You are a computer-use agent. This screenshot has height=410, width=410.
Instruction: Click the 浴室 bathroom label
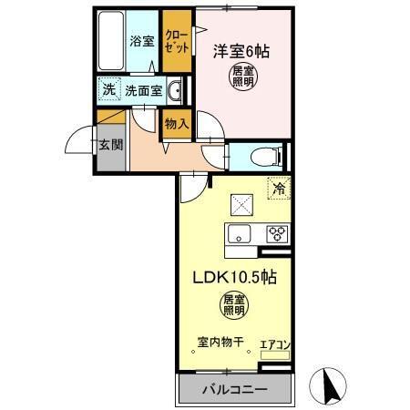click(x=140, y=41)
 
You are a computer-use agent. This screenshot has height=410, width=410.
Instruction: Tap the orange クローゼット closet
click(x=176, y=42)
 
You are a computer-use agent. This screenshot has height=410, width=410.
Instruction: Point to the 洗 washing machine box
click(x=108, y=90)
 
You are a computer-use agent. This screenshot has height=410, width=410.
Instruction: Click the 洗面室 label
click(x=143, y=91)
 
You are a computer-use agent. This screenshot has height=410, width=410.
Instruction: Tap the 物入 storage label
click(x=176, y=123)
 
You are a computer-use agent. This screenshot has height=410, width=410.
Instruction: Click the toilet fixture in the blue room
click(x=270, y=154)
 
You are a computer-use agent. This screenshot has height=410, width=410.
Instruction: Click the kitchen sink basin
click(x=239, y=234)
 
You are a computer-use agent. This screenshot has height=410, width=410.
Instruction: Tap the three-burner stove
click(x=275, y=233)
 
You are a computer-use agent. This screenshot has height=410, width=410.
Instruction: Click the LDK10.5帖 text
click(x=233, y=278)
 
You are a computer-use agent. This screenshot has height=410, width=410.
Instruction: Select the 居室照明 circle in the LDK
click(x=233, y=305)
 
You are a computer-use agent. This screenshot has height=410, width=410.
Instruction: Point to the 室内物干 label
click(x=219, y=343)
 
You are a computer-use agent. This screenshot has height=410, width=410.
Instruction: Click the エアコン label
click(x=274, y=344)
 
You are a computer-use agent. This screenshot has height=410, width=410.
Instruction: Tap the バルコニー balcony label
click(x=233, y=390)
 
